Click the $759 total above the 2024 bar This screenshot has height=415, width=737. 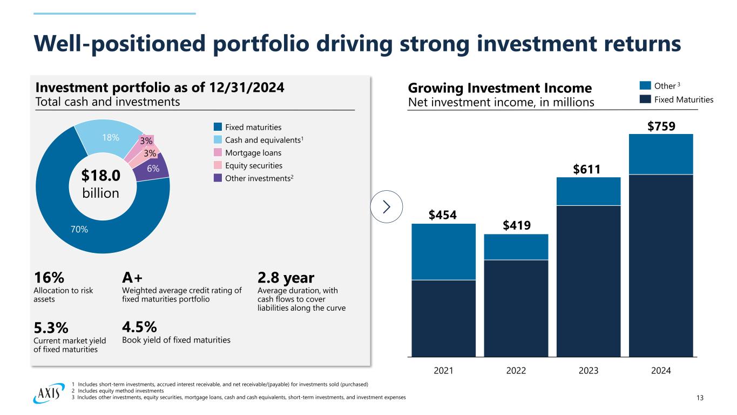(x=661, y=126)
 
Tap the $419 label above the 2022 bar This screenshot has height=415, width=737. (x=516, y=225)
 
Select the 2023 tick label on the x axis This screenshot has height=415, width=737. (x=589, y=371)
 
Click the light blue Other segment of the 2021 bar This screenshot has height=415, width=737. (x=443, y=251)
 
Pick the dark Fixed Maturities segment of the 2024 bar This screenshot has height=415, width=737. (x=661, y=265)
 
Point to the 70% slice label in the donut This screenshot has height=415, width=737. (x=79, y=230)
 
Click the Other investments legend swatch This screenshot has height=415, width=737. (x=218, y=178)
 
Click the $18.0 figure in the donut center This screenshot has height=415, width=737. (x=102, y=176)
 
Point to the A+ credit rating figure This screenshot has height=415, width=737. (x=133, y=278)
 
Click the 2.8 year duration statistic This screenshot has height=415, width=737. (x=286, y=278)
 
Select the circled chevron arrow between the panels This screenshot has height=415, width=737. (x=387, y=206)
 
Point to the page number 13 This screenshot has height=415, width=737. (x=700, y=398)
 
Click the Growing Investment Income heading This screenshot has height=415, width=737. (x=500, y=88)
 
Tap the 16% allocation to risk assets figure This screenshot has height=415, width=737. (x=50, y=278)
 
